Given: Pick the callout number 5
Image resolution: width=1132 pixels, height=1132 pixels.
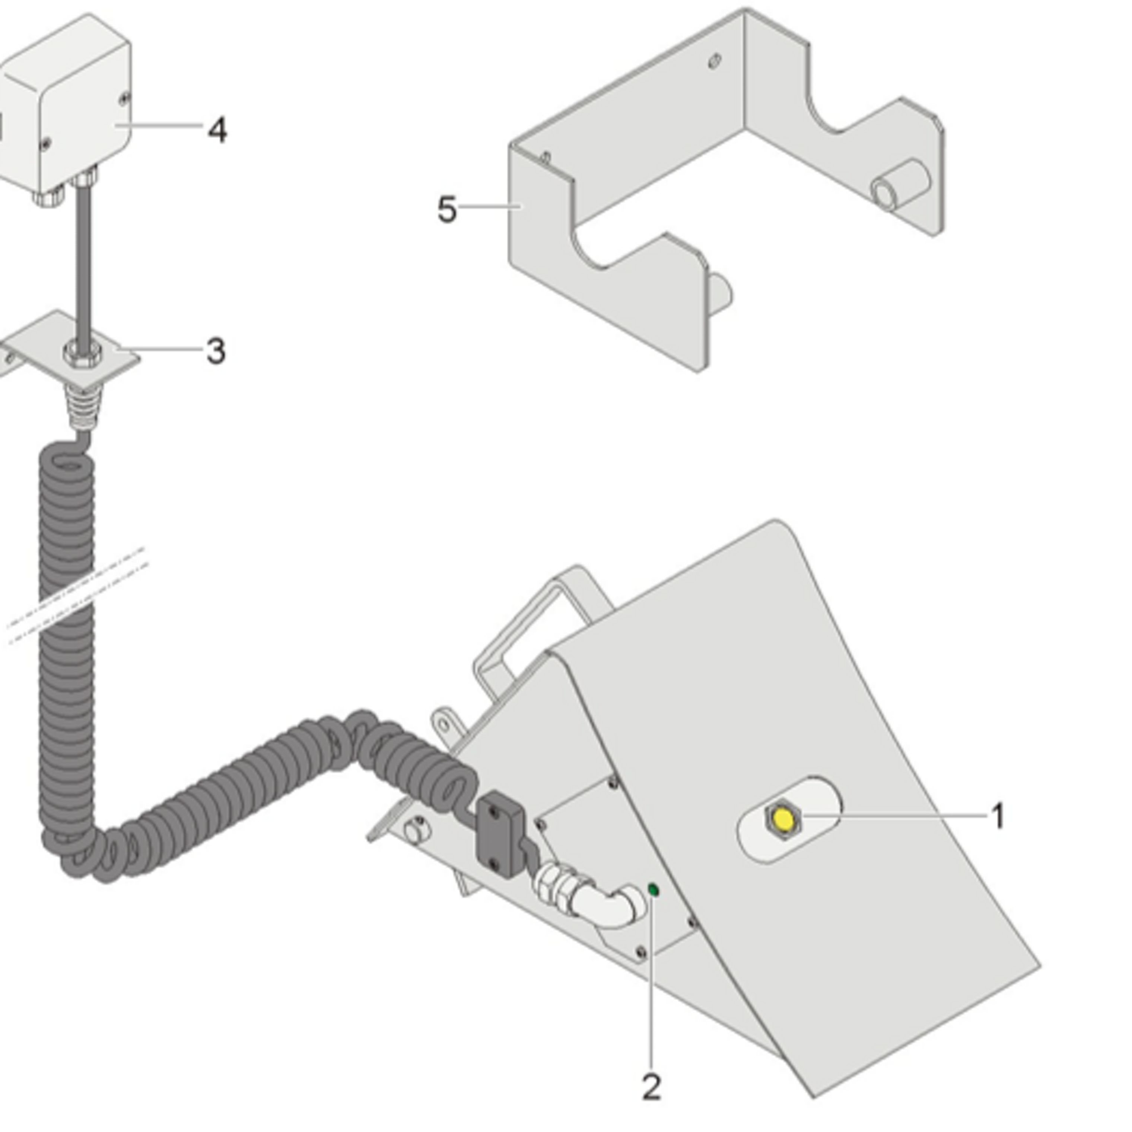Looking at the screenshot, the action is (x=447, y=209).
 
